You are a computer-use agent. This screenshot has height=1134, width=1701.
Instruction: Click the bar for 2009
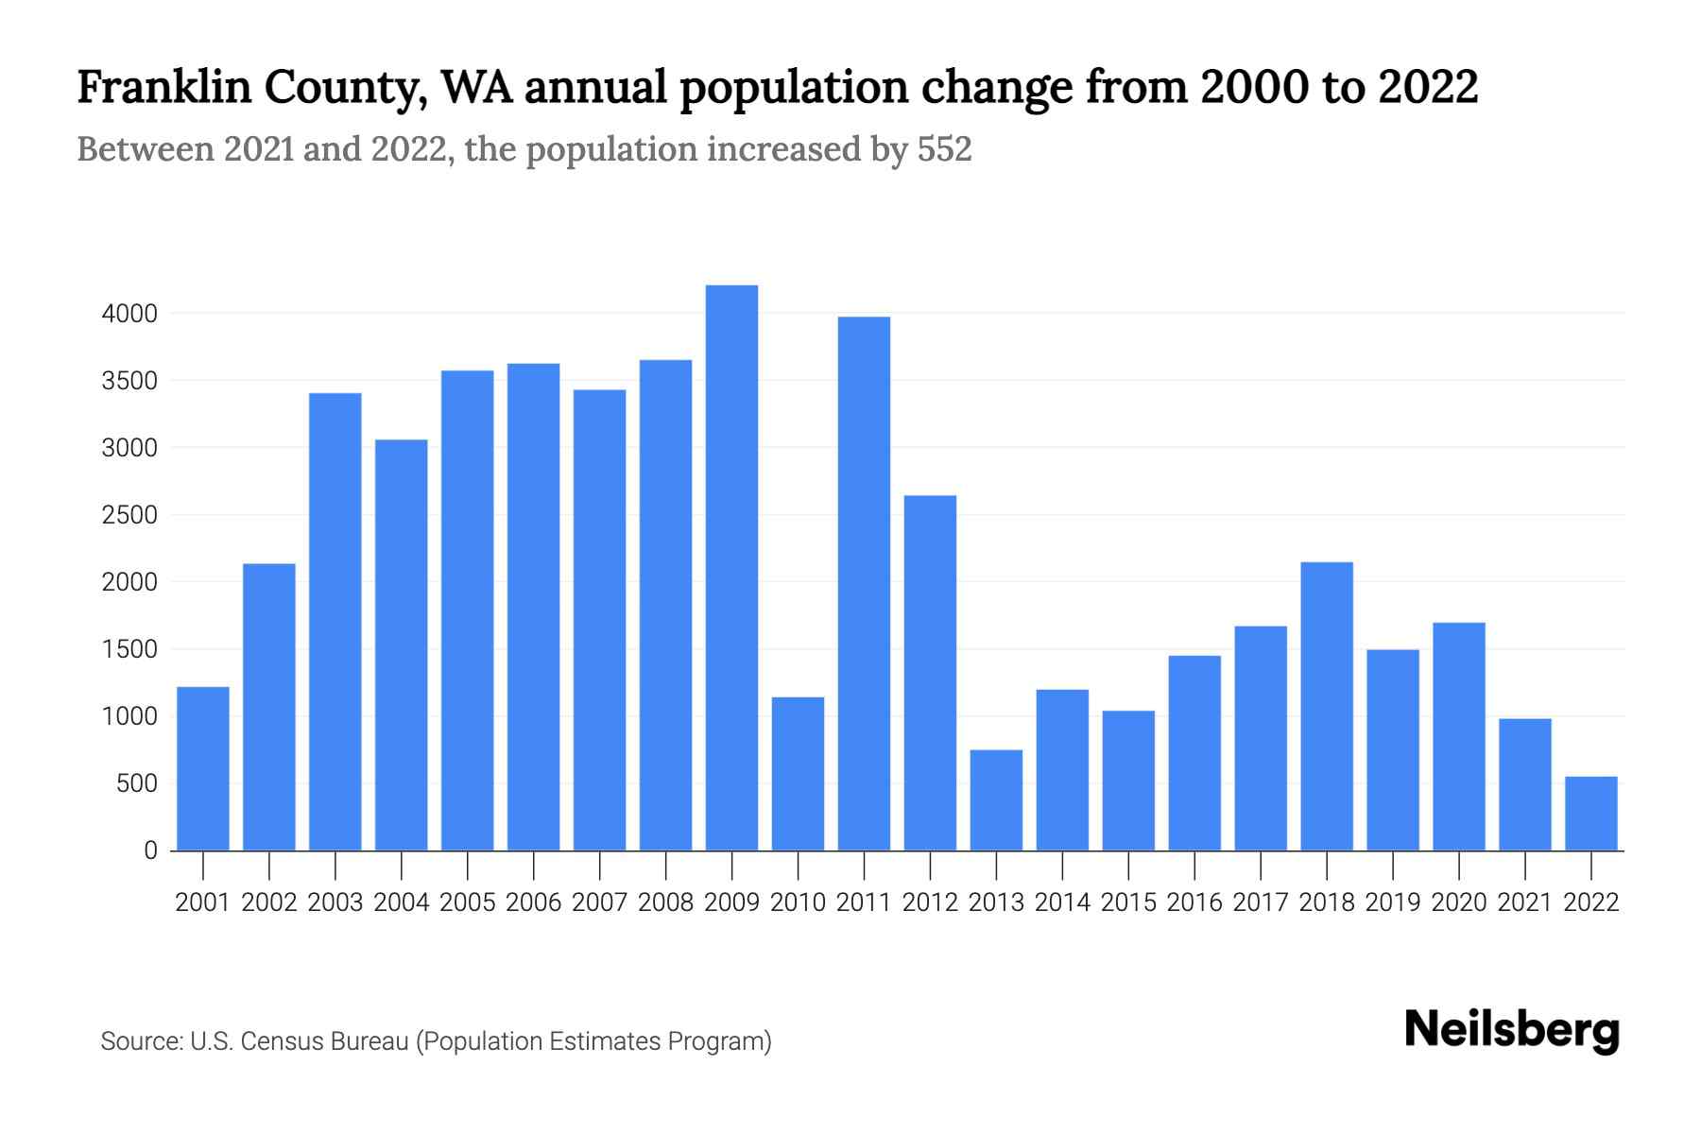pyautogui.click(x=731, y=567)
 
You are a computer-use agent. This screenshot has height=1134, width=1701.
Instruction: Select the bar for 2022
pyautogui.click(x=1591, y=814)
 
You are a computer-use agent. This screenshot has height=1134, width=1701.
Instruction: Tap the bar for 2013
pyautogui.click(x=996, y=800)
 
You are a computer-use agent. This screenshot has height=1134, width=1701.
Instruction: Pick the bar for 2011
pyautogui.click(x=864, y=583)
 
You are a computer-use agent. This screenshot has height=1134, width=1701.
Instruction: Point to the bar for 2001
pyautogui.click(x=203, y=768)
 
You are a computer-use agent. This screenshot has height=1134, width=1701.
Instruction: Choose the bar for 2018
pyautogui.click(x=1327, y=706)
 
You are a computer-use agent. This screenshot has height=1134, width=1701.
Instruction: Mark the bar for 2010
pyautogui.click(x=798, y=774)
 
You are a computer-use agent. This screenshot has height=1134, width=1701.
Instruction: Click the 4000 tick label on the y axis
pyautogui.click(x=129, y=314)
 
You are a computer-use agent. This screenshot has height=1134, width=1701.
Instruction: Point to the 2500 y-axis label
pyautogui.click(x=129, y=516)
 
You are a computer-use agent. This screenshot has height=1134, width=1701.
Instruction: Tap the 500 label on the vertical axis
pyautogui.click(x=137, y=784)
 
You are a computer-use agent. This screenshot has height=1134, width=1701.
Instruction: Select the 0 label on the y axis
pyautogui.click(x=150, y=850)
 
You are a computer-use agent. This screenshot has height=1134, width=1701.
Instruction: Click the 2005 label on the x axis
pyautogui.click(x=468, y=902)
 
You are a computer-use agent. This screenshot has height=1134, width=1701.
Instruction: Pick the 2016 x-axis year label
pyautogui.click(x=1194, y=902)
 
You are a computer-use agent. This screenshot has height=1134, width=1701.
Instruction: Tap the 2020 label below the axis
pyautogui.click(x=1459, y=902)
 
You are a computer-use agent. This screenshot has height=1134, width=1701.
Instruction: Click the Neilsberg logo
pyautogui.click(x=1512, y=1030)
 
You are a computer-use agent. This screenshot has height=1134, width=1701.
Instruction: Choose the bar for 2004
pyautogui.click(x=402, y=644)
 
